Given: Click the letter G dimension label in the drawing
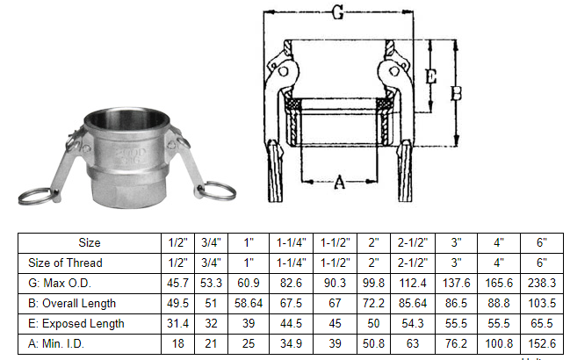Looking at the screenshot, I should [x=337, y=13].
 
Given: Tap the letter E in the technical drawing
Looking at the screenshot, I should [x=430, y=77].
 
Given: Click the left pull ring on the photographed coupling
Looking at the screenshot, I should [x=37, y=195].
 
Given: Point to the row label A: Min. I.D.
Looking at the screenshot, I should [x=65, y=343].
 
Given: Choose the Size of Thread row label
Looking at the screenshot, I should [x=65, y=263].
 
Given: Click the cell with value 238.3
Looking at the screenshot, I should [x=541, y=283].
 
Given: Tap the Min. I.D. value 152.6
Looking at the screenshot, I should [x=541, y=343].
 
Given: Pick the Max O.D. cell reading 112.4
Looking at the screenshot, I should [x=412, y=283].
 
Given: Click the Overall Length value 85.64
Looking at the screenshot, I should [x=412, y=303].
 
